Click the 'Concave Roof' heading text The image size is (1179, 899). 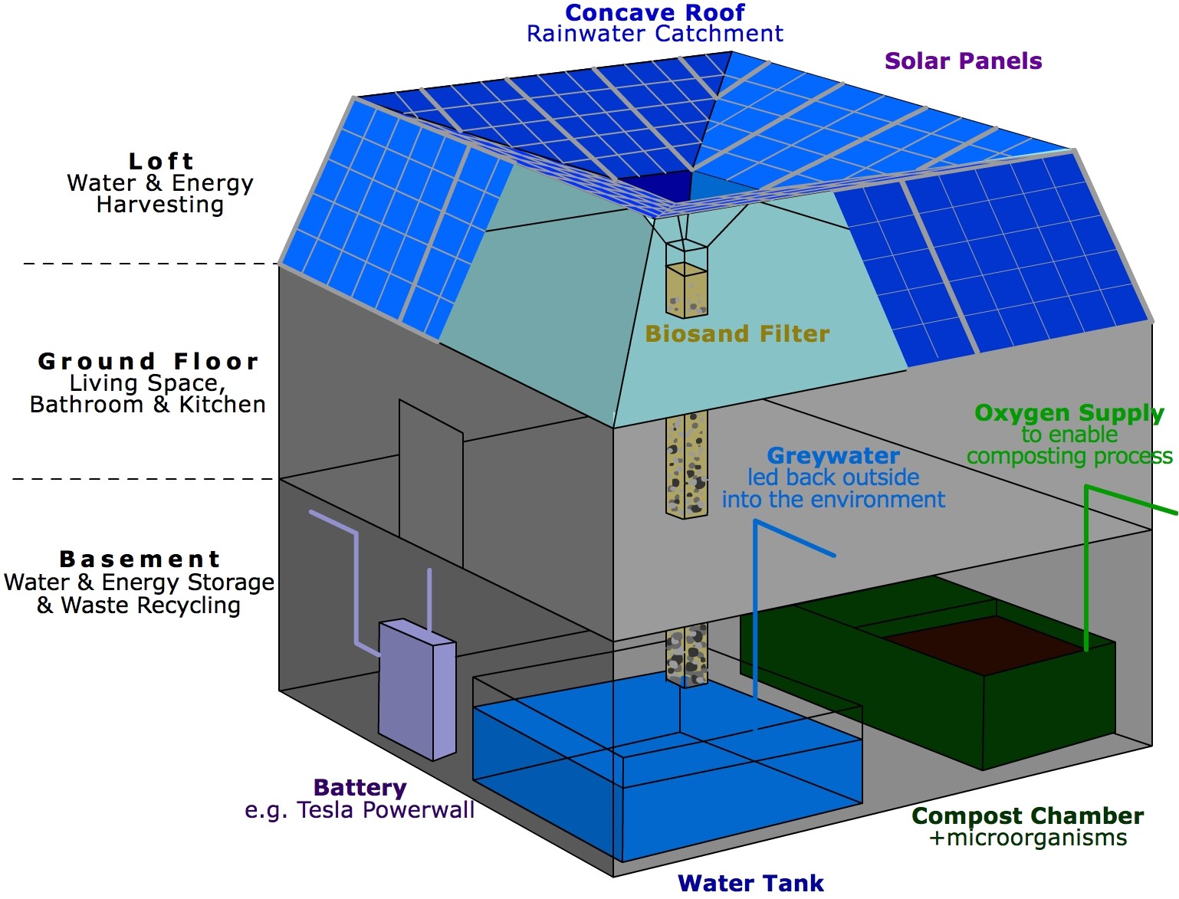(655, 12)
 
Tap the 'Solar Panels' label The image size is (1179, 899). (963, 61)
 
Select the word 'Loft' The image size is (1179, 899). (161, 161)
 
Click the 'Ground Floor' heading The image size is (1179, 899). (148, 361)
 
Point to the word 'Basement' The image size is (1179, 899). (140, 559)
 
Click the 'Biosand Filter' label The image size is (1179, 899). (737, 334)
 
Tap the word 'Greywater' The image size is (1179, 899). (833, 456)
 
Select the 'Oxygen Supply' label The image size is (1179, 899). (1069, 413)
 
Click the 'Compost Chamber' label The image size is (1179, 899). (1027, 816)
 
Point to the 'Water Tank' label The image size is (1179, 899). (750, 883)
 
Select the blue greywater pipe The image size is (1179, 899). (756, 613)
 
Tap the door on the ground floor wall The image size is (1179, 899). (430, 483)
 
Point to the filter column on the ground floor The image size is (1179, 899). (686, 464)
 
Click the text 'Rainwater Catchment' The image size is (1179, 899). (655, 34)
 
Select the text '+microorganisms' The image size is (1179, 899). (1027, 838)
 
